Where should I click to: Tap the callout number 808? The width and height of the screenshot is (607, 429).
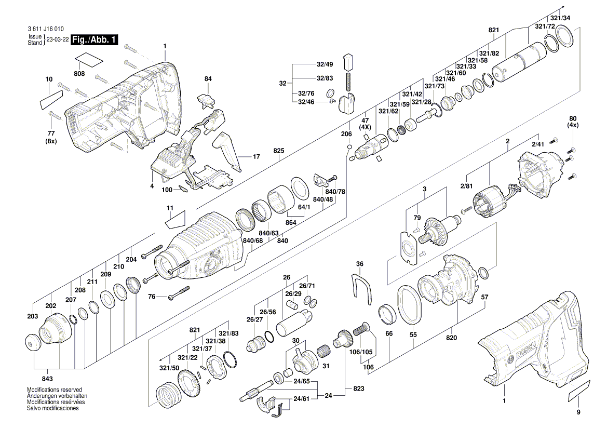pyautogui.click(x=79, y=74)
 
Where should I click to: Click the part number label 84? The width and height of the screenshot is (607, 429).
pyautogui.click(x=208, y=79)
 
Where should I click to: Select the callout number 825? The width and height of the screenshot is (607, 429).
pyautogui.click(x=279, y=151)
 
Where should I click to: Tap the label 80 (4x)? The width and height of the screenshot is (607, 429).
pyautogui.click(x=573, y=122)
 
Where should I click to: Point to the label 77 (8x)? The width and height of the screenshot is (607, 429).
pyautogui.click(x=50, y=137)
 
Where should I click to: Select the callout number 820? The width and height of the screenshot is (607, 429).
pyautogui.click(x=451, y=338)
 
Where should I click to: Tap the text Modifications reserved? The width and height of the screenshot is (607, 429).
pyautogui.click(x=55, y=390)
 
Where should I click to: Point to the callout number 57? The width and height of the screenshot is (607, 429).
pyautogui.click(x=484, y=297)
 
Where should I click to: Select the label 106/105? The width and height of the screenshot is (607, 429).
pyautogui.click(x=361, y=352)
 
